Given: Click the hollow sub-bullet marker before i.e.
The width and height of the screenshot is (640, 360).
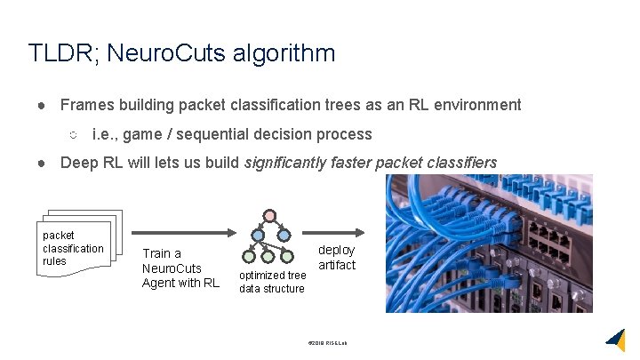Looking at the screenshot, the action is pyautogui.click(x=74, y=135).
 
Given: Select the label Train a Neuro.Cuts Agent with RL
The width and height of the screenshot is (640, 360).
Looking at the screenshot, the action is pyautogui.click(x=180, y=268).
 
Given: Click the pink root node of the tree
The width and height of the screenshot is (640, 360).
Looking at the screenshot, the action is pyautogui.click(x=270, y=216).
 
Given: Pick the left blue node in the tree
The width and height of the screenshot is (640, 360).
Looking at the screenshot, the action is pyautogui.click(x=258, y=236).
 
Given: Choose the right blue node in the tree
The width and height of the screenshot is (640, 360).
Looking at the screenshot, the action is pyautogui.click(x=284, y=236).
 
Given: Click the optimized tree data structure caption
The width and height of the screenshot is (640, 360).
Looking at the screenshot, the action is pyautogui.click(x=272, y=282).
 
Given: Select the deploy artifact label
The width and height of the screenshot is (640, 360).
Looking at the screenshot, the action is pyautogui.click(x=336, y=258).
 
